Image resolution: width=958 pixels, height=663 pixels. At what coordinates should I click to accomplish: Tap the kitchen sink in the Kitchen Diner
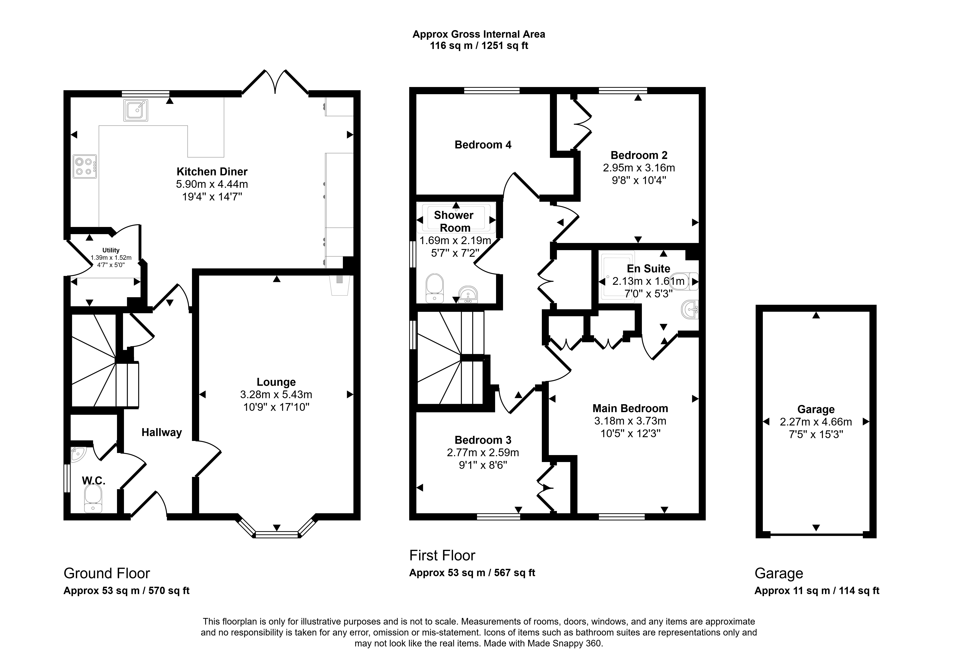(x=135, y=110)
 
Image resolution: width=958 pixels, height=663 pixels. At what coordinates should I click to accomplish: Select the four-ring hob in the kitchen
(x=85, y=166)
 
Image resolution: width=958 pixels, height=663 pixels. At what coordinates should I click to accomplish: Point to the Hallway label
(x=162, y=432)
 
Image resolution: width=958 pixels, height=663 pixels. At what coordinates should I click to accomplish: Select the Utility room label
(x=111, y=250)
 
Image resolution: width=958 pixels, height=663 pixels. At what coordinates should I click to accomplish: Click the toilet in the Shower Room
(x=435, y=288)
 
